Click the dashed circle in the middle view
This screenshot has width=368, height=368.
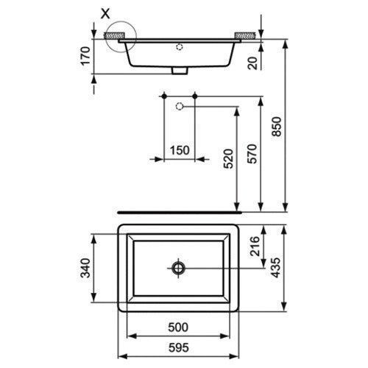pyautogui.click(x=179, y=107)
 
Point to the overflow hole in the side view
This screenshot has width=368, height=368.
pyautogui.click(x=179, y=46)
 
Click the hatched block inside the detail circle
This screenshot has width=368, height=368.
pyautogui.click(x=113, y=34)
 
